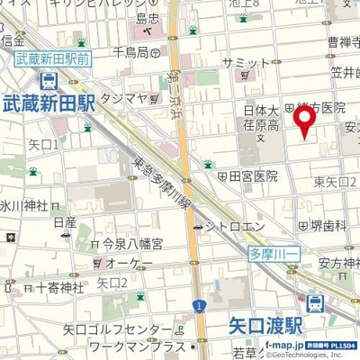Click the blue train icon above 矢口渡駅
[316, 303]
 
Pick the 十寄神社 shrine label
[59, 288]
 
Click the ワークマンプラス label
[130, 345]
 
